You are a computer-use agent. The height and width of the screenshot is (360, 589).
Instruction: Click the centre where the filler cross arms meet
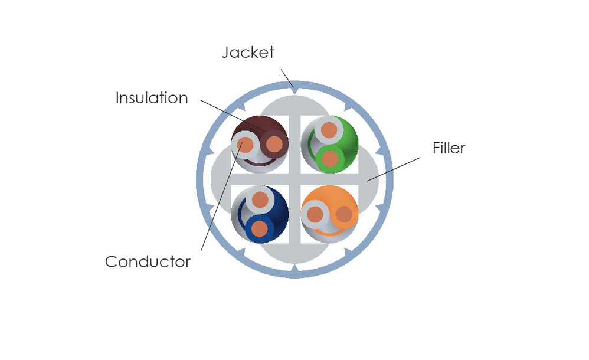coord(295,179)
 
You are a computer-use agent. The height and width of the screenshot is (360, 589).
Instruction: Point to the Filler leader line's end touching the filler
coord(367,181)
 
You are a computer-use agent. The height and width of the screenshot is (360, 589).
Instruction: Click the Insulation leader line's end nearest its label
coord(201,100)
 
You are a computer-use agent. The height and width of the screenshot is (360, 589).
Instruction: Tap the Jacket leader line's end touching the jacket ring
coord(293,87)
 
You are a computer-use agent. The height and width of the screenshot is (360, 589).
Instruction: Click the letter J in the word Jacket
coord(226,53)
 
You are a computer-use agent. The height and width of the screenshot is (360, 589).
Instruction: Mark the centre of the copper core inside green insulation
coord(330,159)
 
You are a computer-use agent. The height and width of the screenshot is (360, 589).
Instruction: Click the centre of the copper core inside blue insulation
coord(259,228)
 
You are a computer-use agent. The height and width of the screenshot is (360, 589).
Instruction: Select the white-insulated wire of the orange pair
coord(315,215)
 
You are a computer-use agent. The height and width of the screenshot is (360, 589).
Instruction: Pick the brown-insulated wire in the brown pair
coord(274,143)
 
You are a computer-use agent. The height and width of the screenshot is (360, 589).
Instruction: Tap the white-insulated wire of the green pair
coord(329,130)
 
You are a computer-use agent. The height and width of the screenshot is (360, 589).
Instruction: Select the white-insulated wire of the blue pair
coord(260,200)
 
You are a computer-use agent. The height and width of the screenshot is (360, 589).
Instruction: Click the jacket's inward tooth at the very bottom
coord(295,269)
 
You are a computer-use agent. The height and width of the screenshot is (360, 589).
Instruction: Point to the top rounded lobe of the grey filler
coord(295,105)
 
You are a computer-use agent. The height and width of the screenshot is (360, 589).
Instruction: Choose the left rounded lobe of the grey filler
coord(221,179)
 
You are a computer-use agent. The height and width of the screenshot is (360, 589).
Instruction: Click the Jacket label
coord(248,53)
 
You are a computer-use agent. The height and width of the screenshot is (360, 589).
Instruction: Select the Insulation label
coord(152,98)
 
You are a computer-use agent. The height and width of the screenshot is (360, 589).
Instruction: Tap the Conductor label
coord(148,261)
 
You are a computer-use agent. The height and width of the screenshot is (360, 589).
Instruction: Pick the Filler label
coord(449,148)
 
